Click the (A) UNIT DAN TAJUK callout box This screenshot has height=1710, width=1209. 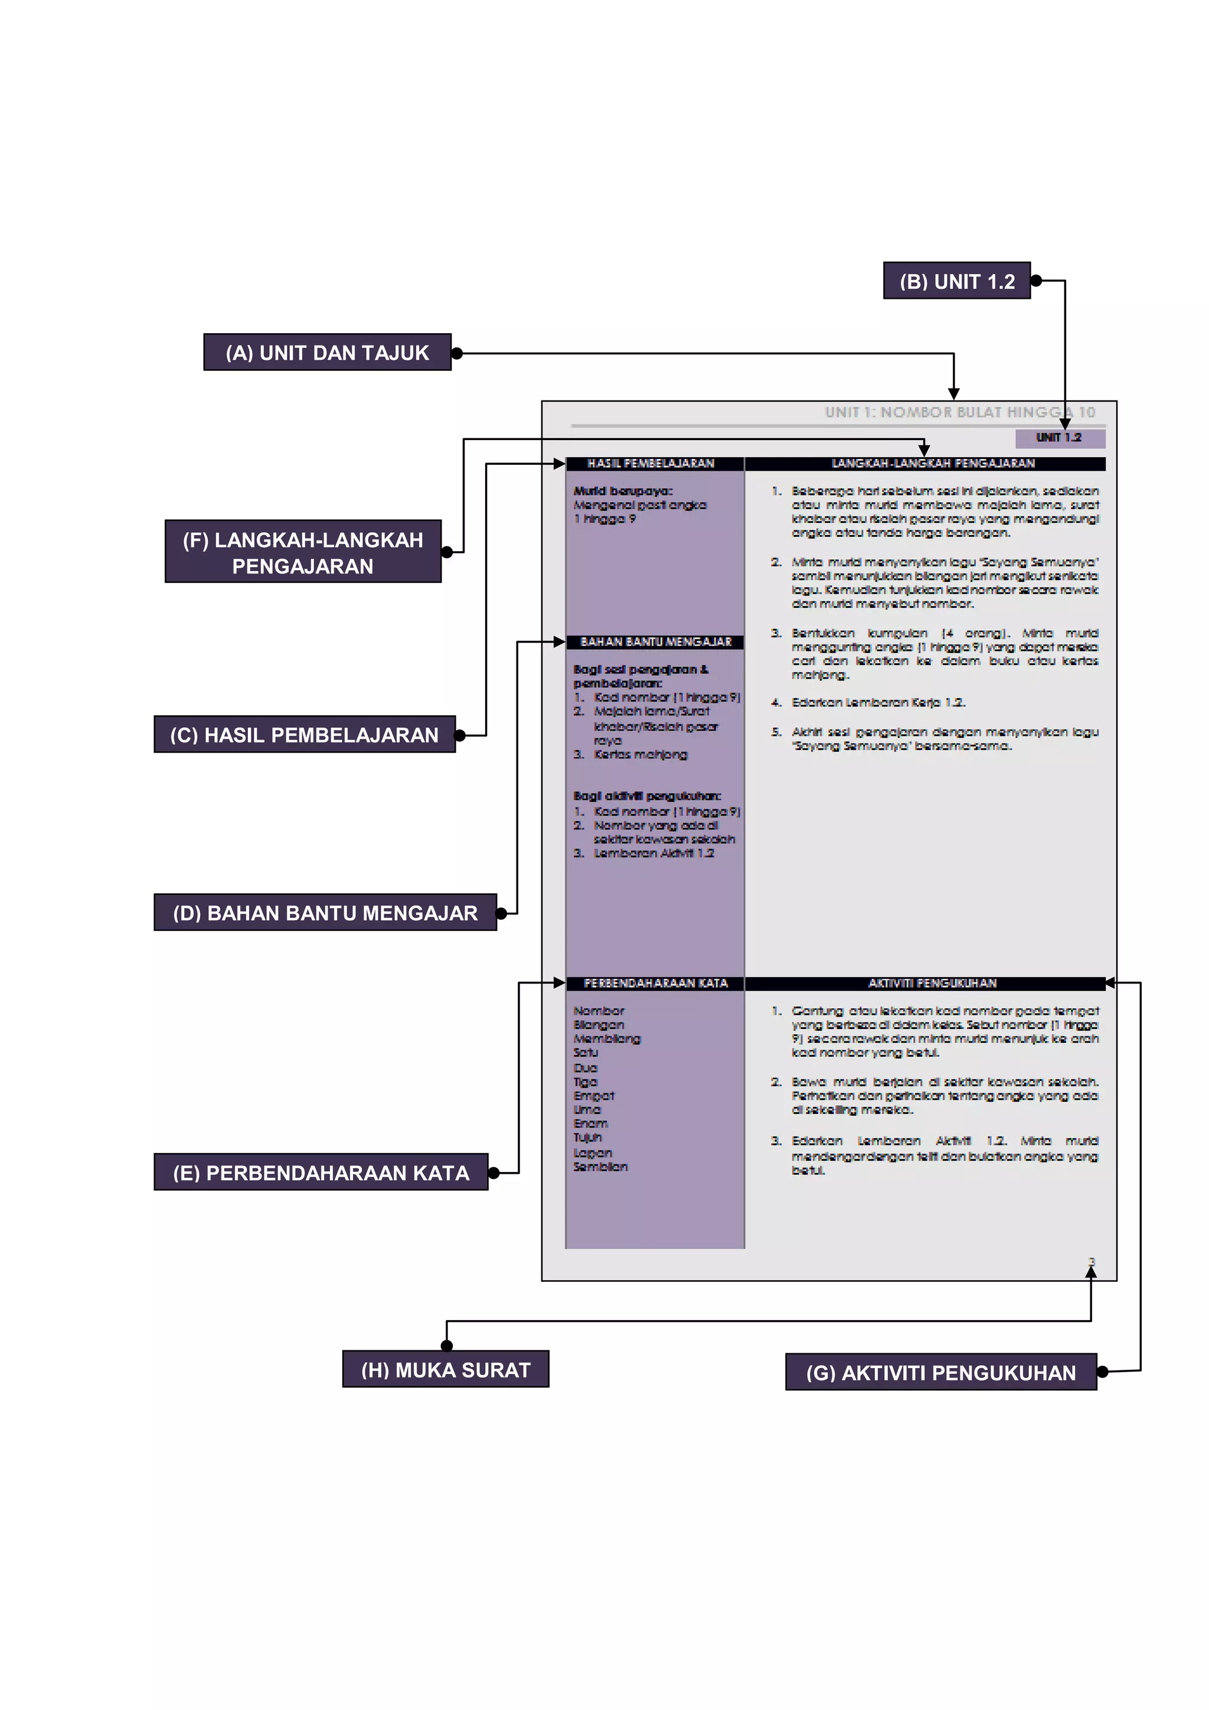327,352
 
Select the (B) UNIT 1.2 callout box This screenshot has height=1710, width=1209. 956,281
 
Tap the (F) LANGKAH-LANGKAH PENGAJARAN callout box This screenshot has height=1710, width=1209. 303,552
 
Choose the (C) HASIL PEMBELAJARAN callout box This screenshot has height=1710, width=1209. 305,735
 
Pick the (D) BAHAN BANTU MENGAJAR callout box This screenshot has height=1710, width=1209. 325,913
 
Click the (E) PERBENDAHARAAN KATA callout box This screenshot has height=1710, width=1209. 321,1172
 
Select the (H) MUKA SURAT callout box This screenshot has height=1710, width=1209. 445,1370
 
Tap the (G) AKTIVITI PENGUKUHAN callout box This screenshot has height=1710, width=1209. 941,1372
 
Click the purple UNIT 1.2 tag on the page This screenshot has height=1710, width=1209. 1060,438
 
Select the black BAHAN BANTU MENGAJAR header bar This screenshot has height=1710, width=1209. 654,642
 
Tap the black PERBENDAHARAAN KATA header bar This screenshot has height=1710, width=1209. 654,983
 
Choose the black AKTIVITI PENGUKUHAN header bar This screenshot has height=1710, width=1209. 926,983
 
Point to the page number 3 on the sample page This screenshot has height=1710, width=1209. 1092,1262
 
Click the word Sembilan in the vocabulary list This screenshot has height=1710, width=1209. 600,1167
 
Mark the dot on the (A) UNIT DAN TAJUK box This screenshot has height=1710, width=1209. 457,353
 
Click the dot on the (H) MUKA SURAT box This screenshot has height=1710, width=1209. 447,1346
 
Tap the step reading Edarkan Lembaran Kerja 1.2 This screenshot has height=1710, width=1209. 878,702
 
